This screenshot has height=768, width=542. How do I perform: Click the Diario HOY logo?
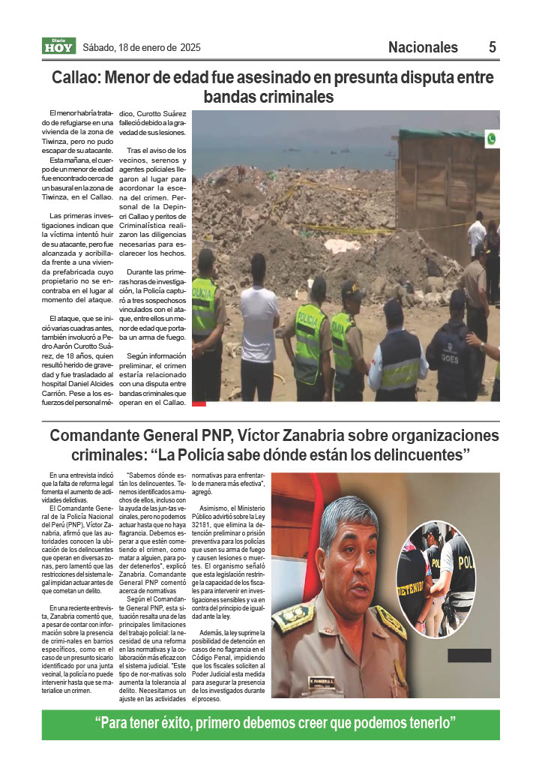click(58, 46)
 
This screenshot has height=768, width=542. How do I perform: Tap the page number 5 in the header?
click(492, 47)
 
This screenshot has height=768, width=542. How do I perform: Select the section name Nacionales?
click(423, 47)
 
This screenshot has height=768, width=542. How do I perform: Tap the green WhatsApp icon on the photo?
click(491, 139)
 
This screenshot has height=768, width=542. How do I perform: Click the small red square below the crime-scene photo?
click(199, 403)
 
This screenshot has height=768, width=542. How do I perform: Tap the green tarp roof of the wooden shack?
click(442, 135)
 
